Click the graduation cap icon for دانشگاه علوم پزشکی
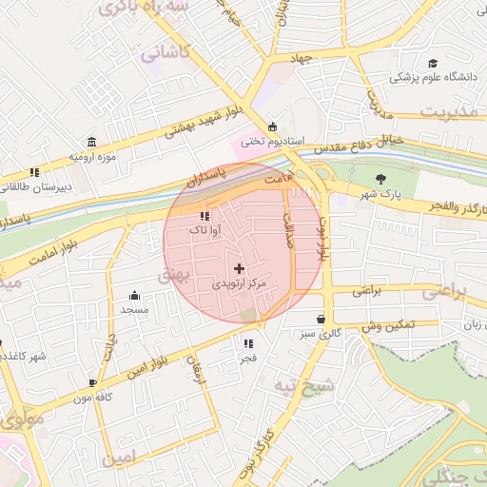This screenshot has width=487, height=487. (433, 60)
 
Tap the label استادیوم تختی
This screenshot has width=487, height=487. (263, 142)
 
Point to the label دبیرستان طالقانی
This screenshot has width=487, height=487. (33, 188)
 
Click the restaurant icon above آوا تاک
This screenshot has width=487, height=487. (205, 215)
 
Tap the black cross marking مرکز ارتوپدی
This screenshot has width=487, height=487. (238, 268)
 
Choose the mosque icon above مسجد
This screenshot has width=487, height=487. (134, 295)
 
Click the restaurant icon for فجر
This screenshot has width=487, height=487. (248, 343)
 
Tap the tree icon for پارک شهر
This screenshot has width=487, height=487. (381, 178)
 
